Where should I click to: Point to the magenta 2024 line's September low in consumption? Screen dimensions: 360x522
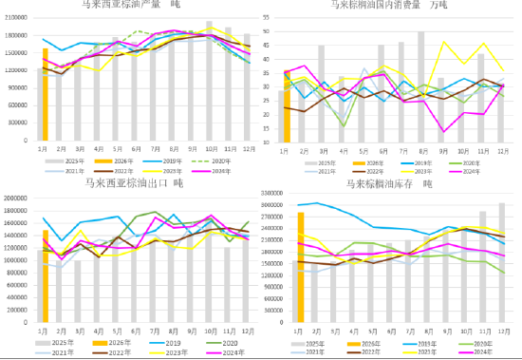[x=441, y=131]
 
